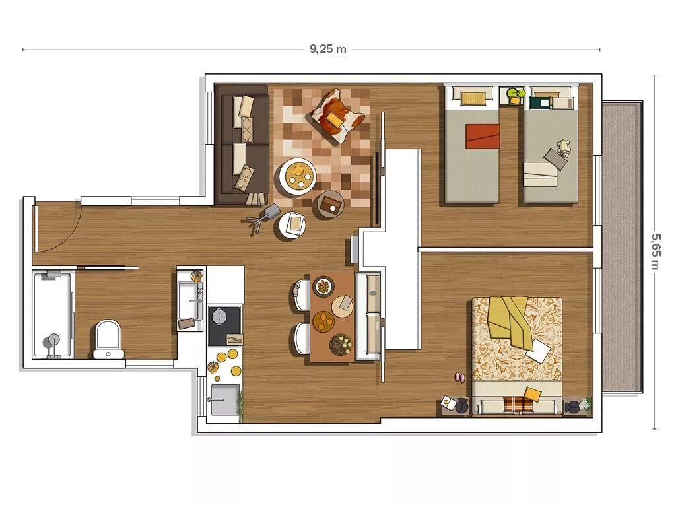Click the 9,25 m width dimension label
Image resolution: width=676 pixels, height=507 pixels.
pyautogui.click(x=327, y=49)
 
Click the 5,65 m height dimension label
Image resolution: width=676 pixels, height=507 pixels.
pyautogui.click(x=655, y=252)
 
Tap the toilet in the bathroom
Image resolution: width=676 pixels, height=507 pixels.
pyautogui.click(x=108, y=339)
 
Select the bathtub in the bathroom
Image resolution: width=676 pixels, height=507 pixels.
pyautogui.click(x=52, y=314)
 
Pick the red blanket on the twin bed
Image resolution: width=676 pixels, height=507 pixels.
pyautogui.click(x=483, y=137)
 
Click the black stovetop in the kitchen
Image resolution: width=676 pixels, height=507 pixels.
pyautogui.click(x=224, y=326)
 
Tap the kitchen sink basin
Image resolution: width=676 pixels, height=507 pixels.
pyautogui.click(x=224, y=399)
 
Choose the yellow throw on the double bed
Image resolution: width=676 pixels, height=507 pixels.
pyautogui.click(x=510, y=320)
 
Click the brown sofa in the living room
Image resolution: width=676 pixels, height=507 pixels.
pyautogui.click(x=242, y=144)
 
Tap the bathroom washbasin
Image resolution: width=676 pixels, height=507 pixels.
pyautogui.click(x=189, y=300)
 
